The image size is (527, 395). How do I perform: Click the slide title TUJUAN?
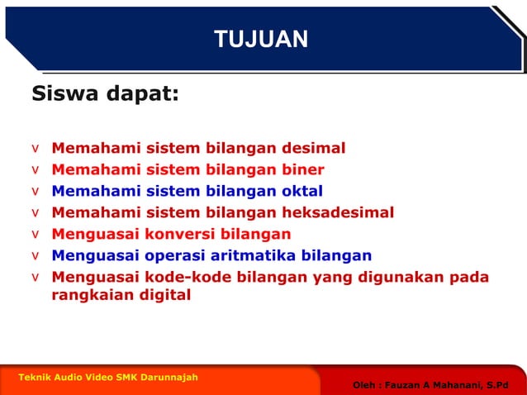[x=261, y=39]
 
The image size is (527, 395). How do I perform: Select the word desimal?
[x=314, y=149]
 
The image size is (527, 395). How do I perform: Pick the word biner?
[x=303, y=170]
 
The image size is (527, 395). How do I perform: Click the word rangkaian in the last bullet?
[x=88, y=294]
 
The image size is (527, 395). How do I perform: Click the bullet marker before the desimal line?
[x=35, y=150]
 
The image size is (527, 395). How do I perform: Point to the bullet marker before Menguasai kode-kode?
[x=35, y=277]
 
